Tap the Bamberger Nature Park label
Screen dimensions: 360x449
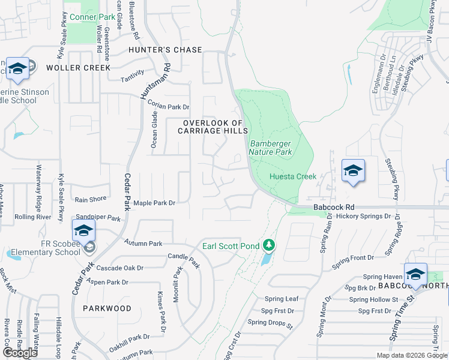(271, 148)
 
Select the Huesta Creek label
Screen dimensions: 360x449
(293, 176)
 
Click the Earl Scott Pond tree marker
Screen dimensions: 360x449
(270, 245)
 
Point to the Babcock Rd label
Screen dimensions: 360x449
(334, 207)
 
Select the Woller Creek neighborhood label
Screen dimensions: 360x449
(79, 68)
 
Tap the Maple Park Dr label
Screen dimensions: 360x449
(154, 203)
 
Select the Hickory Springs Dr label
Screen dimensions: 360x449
(364, 216)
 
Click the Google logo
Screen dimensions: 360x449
(20, 353)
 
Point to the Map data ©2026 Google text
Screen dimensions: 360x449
(411, 355)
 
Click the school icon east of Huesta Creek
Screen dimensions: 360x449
(353, 170)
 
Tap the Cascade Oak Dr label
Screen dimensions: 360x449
(120, 268)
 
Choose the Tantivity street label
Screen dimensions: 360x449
(132, 76)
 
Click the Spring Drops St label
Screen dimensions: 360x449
(270, 324)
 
